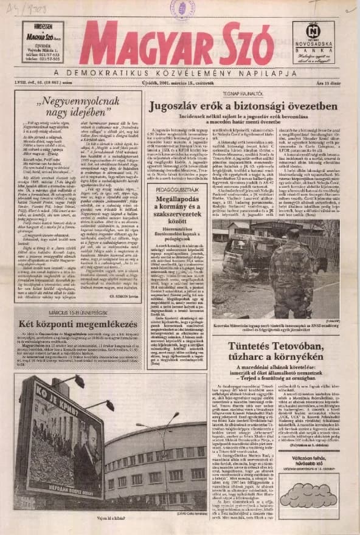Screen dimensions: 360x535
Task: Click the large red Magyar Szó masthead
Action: (176, 44)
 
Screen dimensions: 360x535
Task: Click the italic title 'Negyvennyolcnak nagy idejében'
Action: (78, 108)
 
